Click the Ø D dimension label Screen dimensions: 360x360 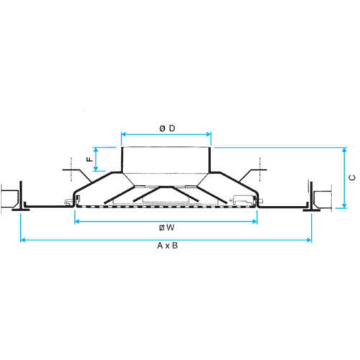click(x=167, y=128)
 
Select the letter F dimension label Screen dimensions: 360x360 click(x=89, y=159)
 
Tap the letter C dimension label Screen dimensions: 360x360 click(x=352, y=178)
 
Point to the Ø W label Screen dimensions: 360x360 click(x=167, y=228)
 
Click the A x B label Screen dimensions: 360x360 click(x=167, y=246)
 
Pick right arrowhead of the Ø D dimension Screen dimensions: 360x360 click(x=209, y=134)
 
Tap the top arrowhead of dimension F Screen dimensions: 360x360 click(x=96, y=150)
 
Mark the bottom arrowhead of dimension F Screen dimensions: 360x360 click(x=96, y=168)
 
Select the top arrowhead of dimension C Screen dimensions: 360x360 click(x=344, y=150)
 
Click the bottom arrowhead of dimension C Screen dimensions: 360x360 click(x=344, y=205)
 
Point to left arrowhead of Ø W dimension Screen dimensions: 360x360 click(x=77, y=221)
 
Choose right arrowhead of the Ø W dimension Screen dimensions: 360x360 click(x=254, y=221)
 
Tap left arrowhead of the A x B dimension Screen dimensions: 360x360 click(x=23, y=240)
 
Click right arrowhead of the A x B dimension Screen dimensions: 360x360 click(x=309, y=240)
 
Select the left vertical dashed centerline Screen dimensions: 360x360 click(x=71, y=169)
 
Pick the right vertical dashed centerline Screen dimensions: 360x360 click(x=260, y=169)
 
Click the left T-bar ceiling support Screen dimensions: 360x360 click(x=21, y=197)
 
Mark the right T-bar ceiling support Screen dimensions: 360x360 click(x=311, y=197)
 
